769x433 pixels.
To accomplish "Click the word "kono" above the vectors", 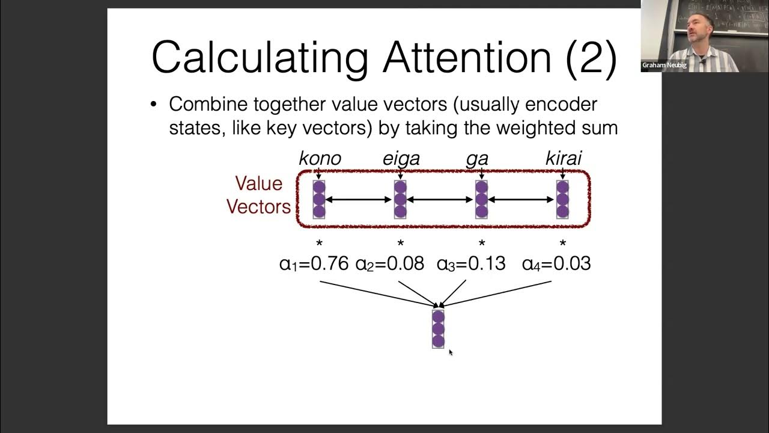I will point(320,158).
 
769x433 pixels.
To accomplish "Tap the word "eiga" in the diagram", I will point(401,158).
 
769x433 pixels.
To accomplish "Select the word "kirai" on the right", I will point(563,158).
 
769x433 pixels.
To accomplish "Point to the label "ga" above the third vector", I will point(477,159).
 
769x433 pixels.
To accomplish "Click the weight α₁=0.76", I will point(314,263).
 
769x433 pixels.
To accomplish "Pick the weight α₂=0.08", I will point(390,263).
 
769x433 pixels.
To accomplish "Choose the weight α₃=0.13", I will point(471,263).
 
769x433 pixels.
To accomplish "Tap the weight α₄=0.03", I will point(556,263).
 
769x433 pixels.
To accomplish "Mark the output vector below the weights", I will point(438,329).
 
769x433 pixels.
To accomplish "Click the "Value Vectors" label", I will point(258,195).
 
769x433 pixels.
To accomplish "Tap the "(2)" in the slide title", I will point(591,57).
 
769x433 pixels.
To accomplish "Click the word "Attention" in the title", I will point(467,57).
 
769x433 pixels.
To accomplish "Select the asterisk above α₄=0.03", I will point(563,244).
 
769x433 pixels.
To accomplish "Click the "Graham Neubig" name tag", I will point(664,65).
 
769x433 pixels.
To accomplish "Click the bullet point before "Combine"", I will point(154,105).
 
